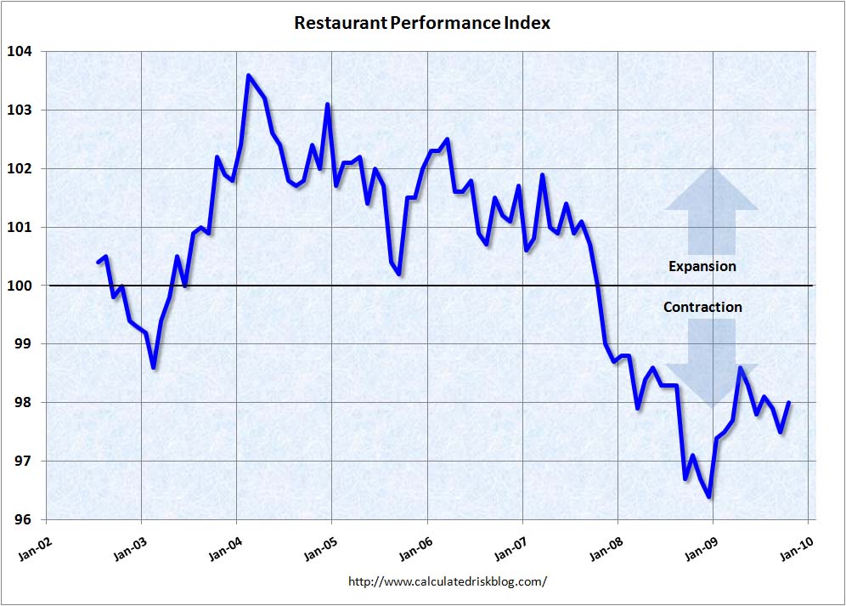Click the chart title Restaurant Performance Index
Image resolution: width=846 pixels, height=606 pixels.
click(422, 23)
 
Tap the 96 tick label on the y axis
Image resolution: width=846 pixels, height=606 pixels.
click(22, 520)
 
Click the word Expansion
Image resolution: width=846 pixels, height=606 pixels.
click(702, 267)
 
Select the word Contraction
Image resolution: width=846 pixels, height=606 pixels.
click(702, 307)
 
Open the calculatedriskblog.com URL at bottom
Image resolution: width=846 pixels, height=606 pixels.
click(448, 582)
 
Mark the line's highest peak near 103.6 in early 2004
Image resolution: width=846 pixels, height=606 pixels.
click(248, 76)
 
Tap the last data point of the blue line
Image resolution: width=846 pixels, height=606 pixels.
click(788, 403)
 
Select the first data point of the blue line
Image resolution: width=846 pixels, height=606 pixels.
click(98, 262)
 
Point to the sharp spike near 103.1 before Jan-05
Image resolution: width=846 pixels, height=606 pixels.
click(327, 105)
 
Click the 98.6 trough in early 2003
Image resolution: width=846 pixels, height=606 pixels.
click(153, 367)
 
